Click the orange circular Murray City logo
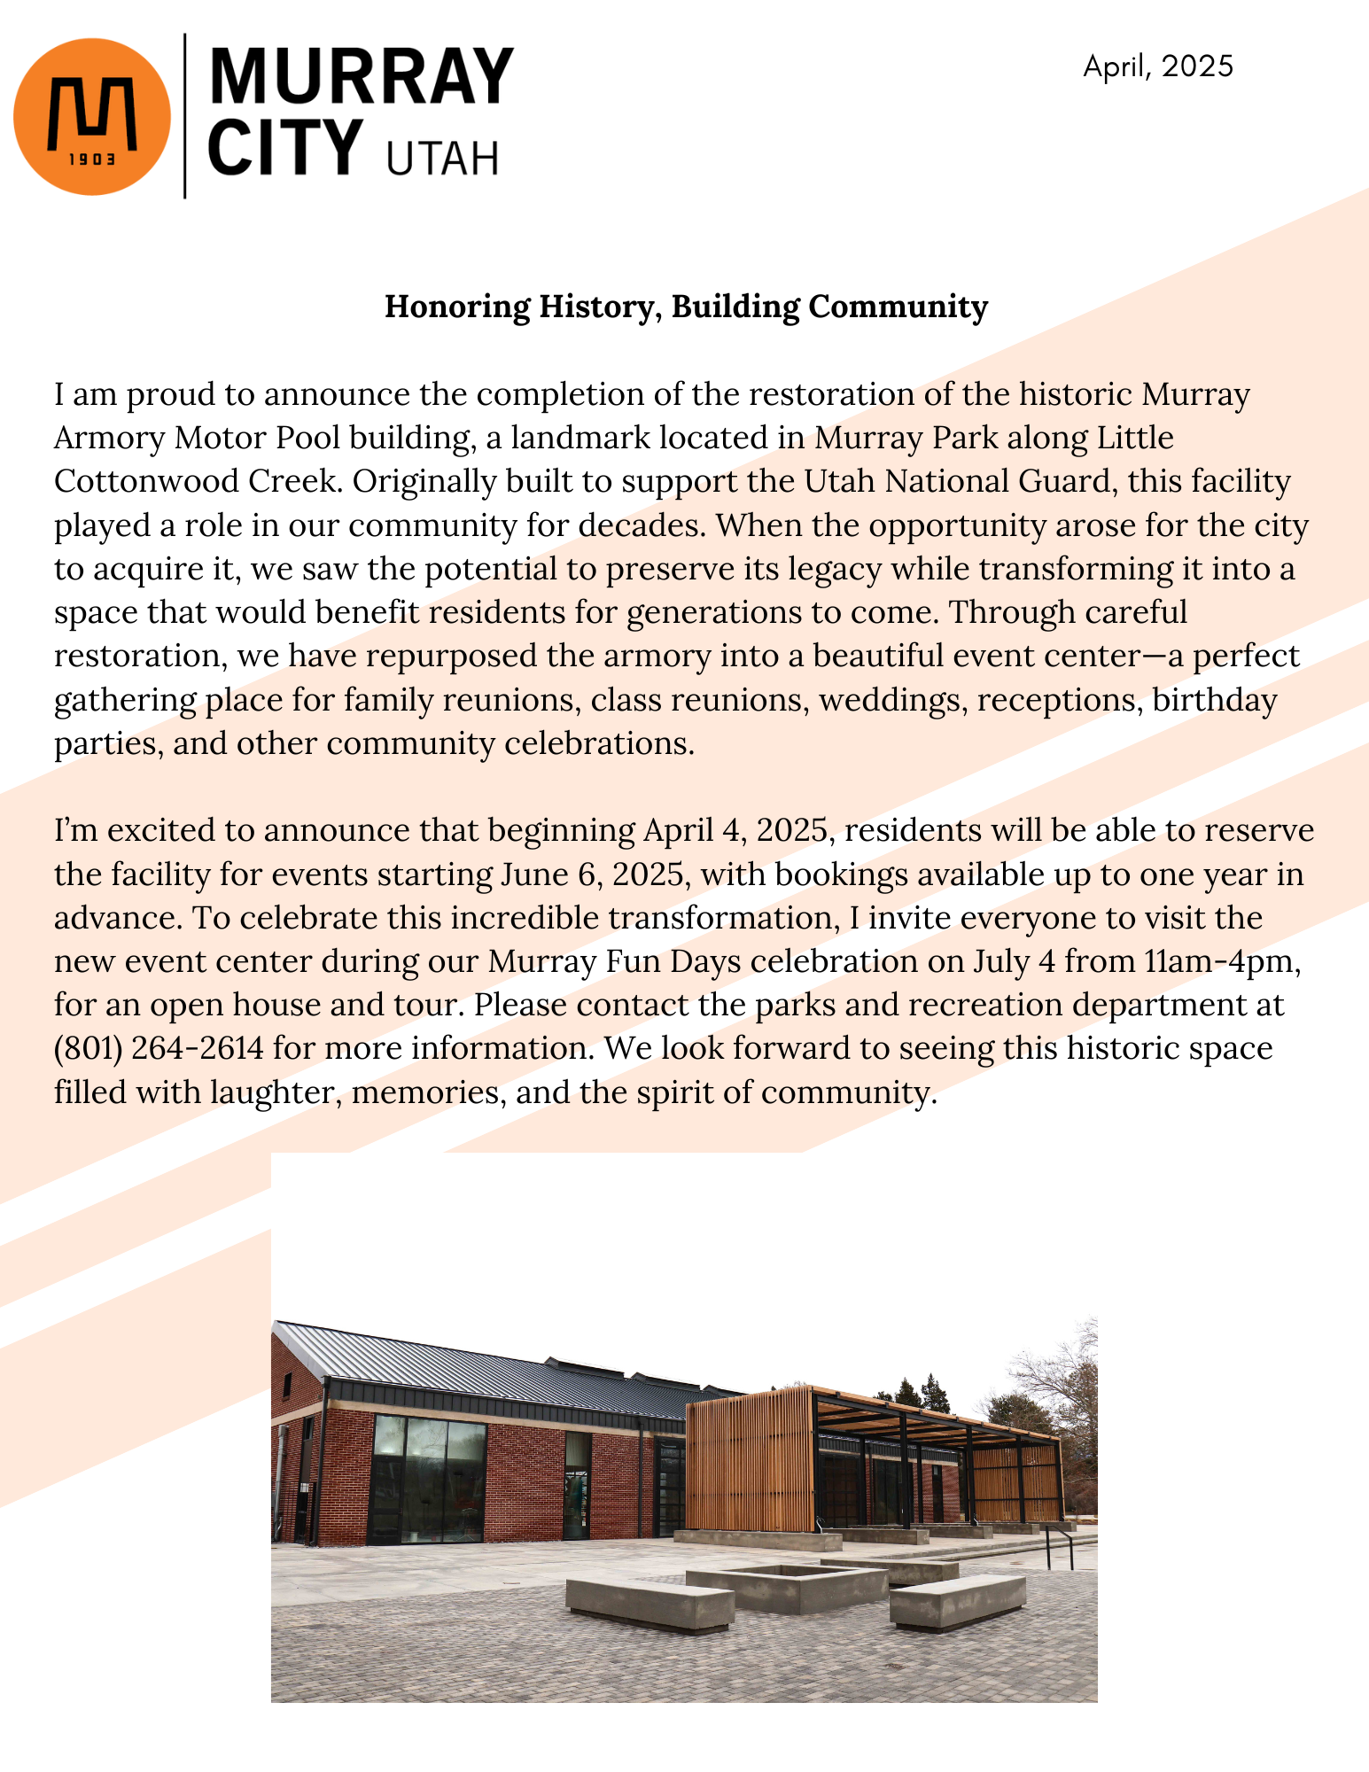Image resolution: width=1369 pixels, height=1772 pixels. [x=92, y=116]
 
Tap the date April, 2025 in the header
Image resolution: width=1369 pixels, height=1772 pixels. [x=1157, y=66]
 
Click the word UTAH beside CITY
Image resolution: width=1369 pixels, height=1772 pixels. [x=442, y=159]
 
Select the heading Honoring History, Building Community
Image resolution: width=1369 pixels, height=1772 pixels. [x=686, y=307]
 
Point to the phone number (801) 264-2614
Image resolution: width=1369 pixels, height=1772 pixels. [x=159, y=1048]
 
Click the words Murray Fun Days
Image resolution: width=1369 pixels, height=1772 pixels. [x=614, y=961]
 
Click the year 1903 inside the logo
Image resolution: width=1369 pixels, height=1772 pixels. [x=92, y=160]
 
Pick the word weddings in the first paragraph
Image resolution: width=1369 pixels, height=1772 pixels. [x=889, y=700]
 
